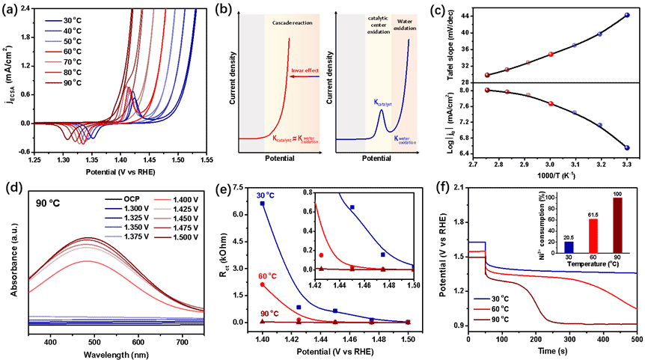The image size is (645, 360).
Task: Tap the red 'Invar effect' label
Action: coord(305,70)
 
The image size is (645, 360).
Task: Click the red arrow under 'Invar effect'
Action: coord(305,77)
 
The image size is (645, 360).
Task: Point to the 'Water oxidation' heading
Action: coord(405,24)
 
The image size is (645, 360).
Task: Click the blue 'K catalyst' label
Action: coord(383,103)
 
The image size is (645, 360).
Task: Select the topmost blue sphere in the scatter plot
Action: coord(626,14)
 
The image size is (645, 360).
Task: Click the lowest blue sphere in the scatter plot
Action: coord(626,147)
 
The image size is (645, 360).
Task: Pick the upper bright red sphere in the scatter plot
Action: coord(551,54)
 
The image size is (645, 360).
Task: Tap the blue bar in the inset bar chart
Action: coord(569,247)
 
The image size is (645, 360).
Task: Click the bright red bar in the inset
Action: coord(593,236)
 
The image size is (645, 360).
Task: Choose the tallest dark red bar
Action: coord(617,225)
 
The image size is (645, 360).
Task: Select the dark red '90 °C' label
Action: coord(269,314)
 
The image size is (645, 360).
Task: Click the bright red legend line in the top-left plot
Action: coord(53,52)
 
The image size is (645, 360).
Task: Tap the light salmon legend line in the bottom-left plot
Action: coord(162,200)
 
